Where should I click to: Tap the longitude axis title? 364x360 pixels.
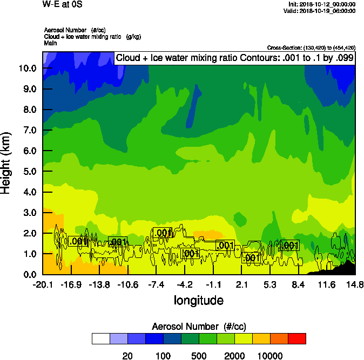[198, 300]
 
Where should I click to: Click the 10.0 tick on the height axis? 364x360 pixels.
[28, 69]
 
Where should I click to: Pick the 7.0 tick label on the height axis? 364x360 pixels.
[30, 131]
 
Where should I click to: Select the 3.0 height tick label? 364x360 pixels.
[30, 213]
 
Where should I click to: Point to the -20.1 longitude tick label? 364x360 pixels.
[42, 284]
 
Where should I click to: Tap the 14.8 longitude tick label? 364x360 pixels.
[355, 284]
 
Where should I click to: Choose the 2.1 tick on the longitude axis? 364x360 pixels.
[241, 284]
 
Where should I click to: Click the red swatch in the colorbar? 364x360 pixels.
[296, 338]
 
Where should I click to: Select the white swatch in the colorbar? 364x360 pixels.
[101, 338]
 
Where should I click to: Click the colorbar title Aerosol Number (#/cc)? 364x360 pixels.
[198, 326]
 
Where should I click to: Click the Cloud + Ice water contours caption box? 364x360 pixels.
[235, 58]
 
